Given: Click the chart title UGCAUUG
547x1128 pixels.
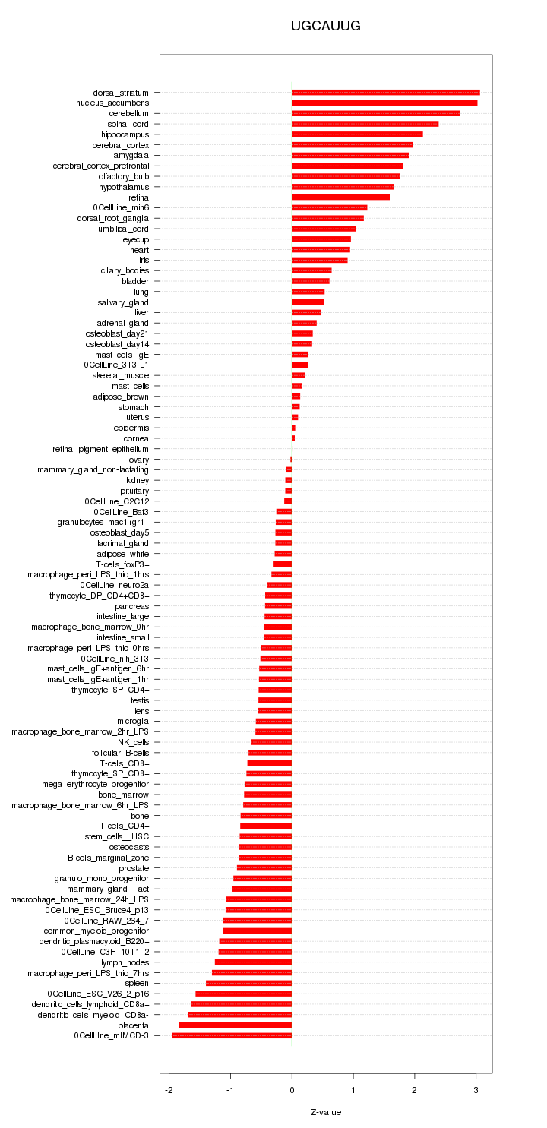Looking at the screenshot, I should pos(325,27).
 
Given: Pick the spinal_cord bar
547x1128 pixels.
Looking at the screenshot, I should pos(365,124).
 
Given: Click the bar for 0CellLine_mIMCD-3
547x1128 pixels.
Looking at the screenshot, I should pos(232,1035).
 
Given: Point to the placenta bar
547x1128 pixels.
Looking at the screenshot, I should pos(236,1025).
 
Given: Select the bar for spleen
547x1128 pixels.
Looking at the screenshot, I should pos(248,983).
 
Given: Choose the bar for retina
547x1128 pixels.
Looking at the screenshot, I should pos(341,197).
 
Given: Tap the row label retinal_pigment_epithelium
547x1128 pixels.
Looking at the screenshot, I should pos(101,449).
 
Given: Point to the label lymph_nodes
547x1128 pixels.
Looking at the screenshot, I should pos(125,962).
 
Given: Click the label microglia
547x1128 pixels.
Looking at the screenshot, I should pos(133,721).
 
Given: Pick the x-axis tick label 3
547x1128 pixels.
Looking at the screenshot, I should pos(476,1090).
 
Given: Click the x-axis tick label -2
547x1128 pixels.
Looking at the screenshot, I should pos(169,1090).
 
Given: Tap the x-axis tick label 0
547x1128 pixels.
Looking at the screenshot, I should pos(292,1090).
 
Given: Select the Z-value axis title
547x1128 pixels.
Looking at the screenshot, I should pos(326,1112).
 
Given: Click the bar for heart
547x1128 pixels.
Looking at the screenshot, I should pos(321,250).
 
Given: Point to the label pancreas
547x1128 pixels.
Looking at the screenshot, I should pos(132,606).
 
